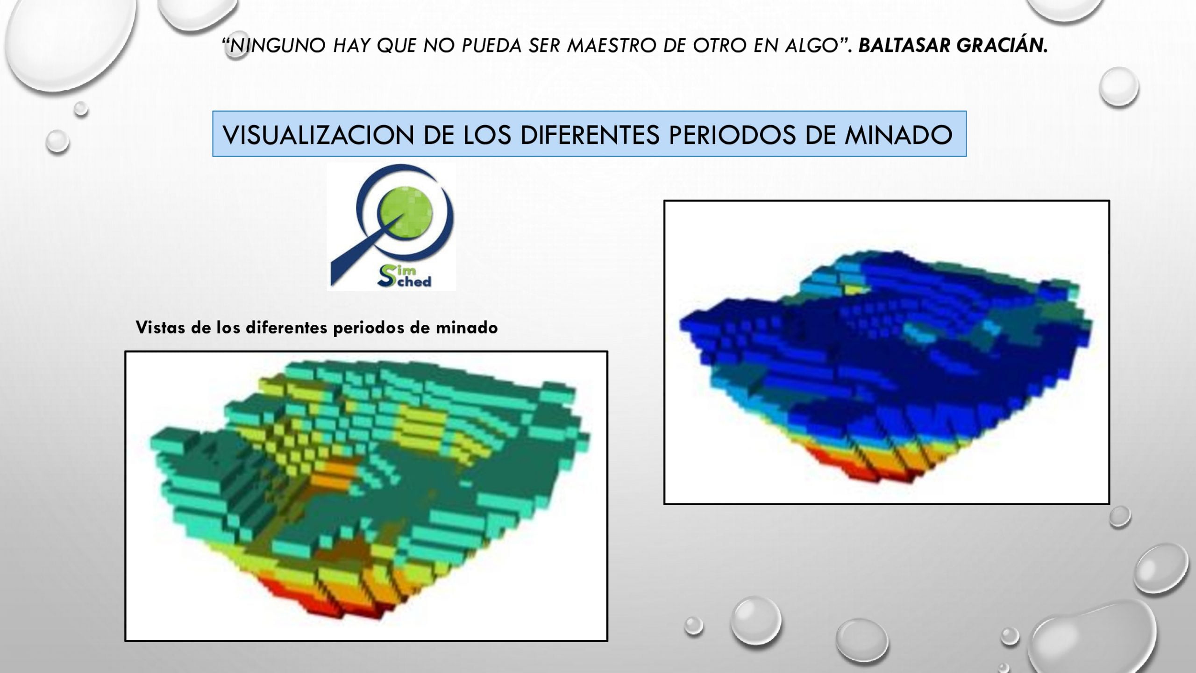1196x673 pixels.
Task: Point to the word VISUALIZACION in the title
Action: (x=319, y=135)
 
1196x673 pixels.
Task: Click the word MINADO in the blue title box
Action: (x=898, y=135)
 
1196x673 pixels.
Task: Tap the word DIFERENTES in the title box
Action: (x=590, y=135)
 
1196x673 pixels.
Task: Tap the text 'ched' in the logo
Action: (x=414, y=281)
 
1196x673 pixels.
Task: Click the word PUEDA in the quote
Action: (x=491, y=45)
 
